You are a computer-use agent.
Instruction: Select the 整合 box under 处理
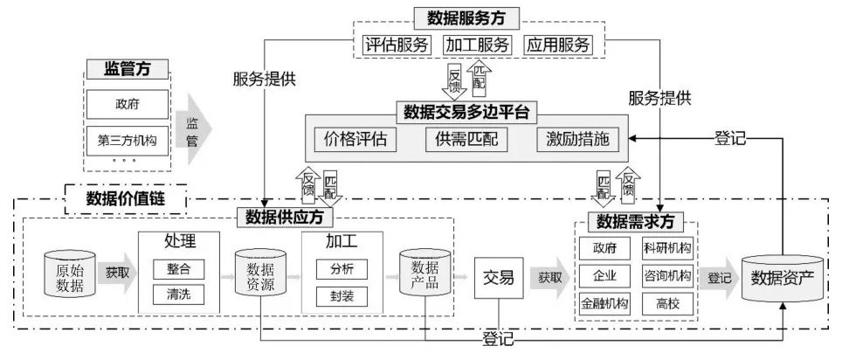coord(177,268)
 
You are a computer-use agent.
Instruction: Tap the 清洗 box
coord(177,295)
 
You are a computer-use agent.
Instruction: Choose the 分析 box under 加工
coord(336,268)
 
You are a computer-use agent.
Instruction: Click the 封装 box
coord(336,295)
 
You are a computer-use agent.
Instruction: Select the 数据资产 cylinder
coord(782,280)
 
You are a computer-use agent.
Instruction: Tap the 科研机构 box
coord(666,248)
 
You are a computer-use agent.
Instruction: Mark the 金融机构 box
coord(604,304)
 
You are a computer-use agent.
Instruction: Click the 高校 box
coord(666,304)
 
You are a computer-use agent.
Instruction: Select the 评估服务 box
coord(396,45)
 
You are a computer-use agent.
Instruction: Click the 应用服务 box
coord(559,45)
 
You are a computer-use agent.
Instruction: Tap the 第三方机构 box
coord(128,140)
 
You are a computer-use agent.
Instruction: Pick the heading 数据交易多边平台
coord(466,111)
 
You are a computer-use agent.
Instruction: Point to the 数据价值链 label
coord(125,198)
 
